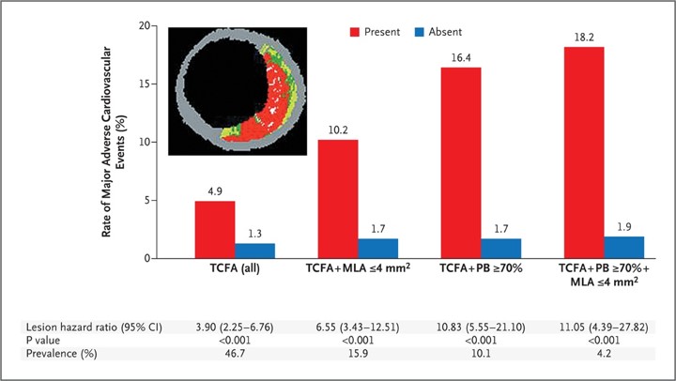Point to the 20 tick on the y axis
point(146,25)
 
